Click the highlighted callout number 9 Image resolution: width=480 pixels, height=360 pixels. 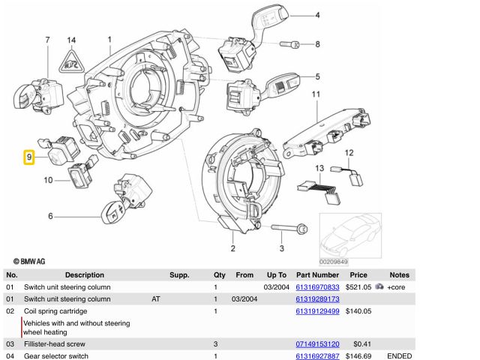28,157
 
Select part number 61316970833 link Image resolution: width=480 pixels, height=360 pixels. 318,287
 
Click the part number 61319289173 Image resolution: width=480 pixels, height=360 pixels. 318,299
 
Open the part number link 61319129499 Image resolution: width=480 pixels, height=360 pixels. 318,311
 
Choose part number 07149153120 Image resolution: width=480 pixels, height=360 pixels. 318,344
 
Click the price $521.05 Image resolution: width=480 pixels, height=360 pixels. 358,287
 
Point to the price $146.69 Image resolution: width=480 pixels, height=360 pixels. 358,356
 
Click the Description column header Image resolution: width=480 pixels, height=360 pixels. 85,275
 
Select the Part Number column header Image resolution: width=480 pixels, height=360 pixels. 318,275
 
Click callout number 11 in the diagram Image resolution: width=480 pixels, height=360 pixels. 316,94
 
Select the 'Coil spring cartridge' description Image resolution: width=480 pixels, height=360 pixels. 56,311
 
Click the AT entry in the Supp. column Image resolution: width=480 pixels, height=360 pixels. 156,299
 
